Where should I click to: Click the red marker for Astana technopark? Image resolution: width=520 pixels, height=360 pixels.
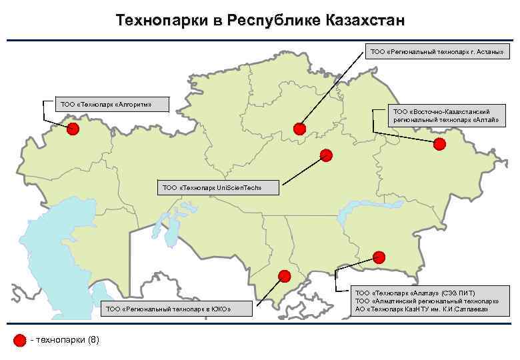pyautogui.click(x=299, y=128)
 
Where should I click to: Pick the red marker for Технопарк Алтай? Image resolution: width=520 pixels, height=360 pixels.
pyautogui.click(x=439, y=144)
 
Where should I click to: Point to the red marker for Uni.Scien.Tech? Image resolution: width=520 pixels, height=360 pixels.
pyautogui.click(x=325, y=155)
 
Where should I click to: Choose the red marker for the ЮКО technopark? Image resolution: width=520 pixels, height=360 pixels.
pyautogui.click(x=285, y=275)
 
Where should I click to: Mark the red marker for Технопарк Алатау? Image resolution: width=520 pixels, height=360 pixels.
pyautogui.click(x=379, y=256)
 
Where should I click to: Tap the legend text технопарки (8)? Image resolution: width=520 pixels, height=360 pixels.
pyautogui.click(x=66, y=341)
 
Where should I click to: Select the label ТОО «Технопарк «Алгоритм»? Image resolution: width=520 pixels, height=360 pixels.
pyautogui.click(x=106, y=104)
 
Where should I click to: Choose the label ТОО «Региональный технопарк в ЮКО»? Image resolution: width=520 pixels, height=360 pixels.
pyautogui.click(x=168, y=309)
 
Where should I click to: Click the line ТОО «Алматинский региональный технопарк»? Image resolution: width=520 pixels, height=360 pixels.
pyautogui.click(x=427, y=301)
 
